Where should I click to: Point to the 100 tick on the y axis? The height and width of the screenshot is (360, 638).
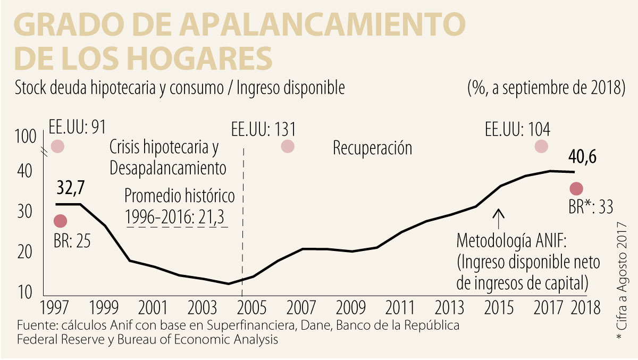click(24, 138)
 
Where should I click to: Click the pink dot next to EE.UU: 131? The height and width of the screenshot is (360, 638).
click(288, 146)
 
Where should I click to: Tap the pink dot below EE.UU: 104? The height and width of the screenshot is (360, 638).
click(541, 146)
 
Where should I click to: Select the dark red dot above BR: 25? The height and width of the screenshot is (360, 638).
click(60, 221)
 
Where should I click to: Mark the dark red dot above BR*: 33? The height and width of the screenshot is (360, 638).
click(576, 188)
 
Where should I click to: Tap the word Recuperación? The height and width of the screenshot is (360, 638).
click(372, 148)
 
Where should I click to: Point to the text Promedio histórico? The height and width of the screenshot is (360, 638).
click(179, 196)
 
